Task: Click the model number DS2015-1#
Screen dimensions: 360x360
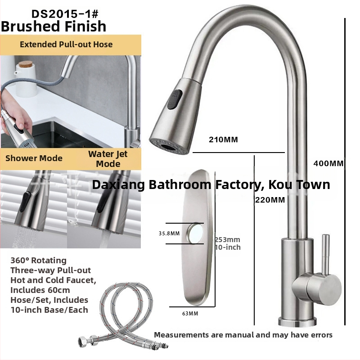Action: pos(65,14)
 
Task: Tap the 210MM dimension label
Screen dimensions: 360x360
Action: pos(223,139)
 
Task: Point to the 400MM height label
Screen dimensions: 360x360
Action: pos(328,163)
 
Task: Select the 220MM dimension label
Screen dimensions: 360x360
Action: pos(270,200)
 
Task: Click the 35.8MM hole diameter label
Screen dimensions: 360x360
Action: pos(169,234)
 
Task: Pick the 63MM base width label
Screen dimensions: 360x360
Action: pos(190,313)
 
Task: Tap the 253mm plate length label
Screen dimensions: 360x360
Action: pos(228,239)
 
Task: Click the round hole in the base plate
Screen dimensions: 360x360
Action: pos(195,233)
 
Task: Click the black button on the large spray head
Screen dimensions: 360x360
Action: pos(175,99)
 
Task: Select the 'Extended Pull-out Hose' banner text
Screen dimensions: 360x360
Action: pos(66,44)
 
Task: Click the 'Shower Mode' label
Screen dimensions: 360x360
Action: pos(34,158)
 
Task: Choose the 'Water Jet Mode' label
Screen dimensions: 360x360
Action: pos(108,159)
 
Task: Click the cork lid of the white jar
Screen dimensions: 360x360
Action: pos(26,64)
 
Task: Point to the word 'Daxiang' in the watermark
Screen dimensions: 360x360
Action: pos(118,184)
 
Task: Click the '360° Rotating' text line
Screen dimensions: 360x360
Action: pos(39,261)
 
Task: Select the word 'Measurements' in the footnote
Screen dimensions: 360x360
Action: pos(181,335)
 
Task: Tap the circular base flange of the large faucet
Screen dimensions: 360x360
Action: pos(297,322)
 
